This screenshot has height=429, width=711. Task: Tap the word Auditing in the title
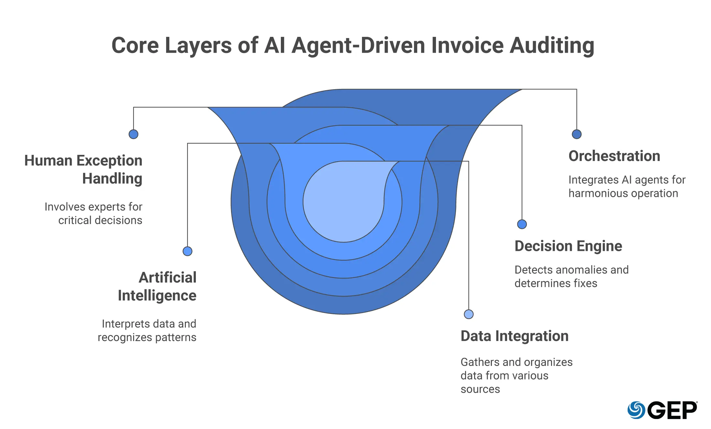pyautogui.click(x=552, y=46)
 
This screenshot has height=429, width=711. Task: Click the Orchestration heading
pyautogui.click(x=614, y=156)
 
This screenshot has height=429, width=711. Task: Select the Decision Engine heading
pyautogui.click(x=568, y=246)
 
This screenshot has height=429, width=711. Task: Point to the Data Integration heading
pyautogui.click(x=515, y=336)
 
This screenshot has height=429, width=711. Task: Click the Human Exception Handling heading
pyautogui.click(x=83, y=169)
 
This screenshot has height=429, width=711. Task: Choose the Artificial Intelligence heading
pyautogui.click(x=157, y=286)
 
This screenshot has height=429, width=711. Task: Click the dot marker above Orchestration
pyautogui.click(x=577, y=134)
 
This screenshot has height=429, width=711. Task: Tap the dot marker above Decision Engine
pyautogui.click(x=522, y=224)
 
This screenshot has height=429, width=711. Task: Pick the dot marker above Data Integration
pyautogui.click(x=469, y=314)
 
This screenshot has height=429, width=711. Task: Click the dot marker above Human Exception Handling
pyautogui.click(x=133, y=134)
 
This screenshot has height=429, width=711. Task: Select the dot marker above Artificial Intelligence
pyautogui.click(x=187, y=251)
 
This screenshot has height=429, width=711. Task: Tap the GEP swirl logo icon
pyautogui.click(x=636, y=410)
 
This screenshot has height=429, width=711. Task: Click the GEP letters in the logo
pyautogui.click(x=674, y=410)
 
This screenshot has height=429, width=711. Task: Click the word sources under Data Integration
pyautogui.click(x=480, y=389)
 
